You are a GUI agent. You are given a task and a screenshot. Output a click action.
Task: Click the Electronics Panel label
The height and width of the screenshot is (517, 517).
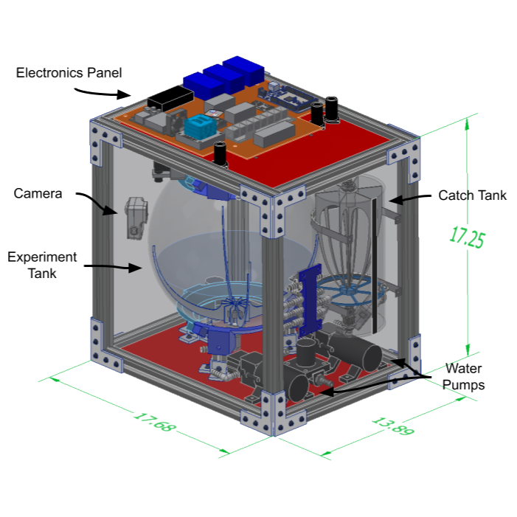click(x=69, y=73)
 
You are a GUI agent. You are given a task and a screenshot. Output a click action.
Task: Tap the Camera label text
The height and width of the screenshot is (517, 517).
click(x=38, y=194)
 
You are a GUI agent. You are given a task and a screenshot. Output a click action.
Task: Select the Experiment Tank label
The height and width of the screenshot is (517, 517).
click(x=42, y=265)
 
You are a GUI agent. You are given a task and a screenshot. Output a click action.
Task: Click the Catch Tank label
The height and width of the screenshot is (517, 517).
click(x=473, y=196)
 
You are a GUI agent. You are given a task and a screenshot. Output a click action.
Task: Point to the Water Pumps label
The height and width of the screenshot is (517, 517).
click(x=465, y=376)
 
